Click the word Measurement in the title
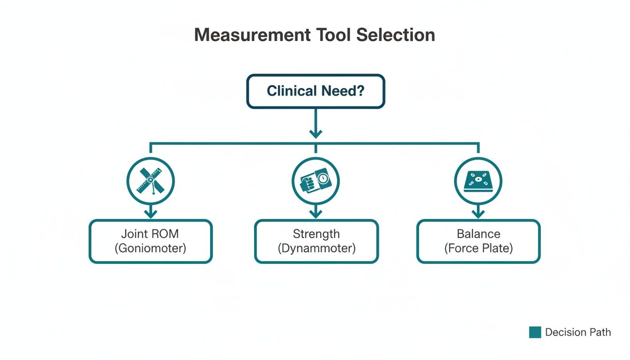coord(252,35)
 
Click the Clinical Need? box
coord(315,91)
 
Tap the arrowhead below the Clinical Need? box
coord(315,133)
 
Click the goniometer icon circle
coord(150,180)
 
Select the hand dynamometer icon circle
coord(315,180)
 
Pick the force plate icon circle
coord(478,180)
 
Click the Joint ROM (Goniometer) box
coord(150,241)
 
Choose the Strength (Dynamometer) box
coord(316,241)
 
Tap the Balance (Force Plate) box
coord(478,241)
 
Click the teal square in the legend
coord(535,332)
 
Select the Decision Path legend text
coord(578,332)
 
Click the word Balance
coord(478,233)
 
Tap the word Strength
coord(316,233)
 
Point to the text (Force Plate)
coord(478,248)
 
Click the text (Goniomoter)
coord(150,248)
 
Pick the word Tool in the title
coord(331,35)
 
